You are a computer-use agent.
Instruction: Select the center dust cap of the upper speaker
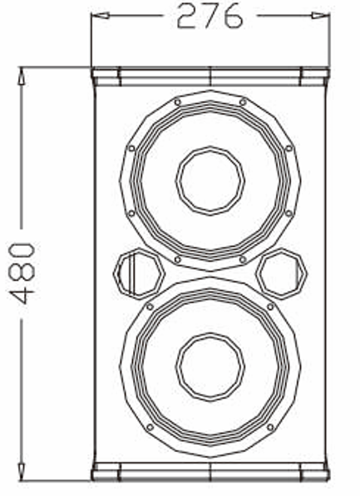coord(210,176)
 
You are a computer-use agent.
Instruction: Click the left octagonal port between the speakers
coord(132,273)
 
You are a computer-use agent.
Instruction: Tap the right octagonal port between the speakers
coord(282,273)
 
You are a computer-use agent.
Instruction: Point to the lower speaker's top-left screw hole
coord(150,307)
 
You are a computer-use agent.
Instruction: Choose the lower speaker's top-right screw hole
coord(269,307)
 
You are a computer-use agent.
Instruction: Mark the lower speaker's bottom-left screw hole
coord(150,427)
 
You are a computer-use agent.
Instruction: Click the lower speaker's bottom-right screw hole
coord(269,427)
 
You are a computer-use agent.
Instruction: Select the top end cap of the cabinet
coord(210,76)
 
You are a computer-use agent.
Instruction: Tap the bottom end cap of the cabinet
coord(210,472)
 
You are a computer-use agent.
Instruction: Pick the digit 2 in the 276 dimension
coord(188,17)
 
